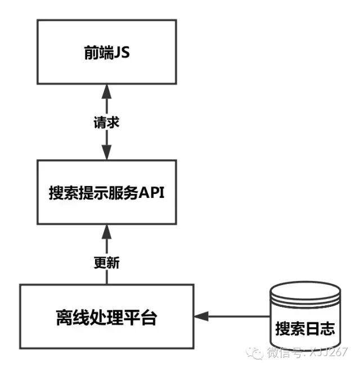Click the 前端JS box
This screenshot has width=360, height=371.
click(106, 52)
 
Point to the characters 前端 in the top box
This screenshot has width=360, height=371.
click(97, 52)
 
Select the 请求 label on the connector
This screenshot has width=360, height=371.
click(106, 123)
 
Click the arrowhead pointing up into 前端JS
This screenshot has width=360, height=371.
click(106, 91)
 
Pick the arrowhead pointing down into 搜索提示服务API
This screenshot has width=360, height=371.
click(106, 153)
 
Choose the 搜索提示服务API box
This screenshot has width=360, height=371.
click(106, 192)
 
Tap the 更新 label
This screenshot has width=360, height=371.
click(106, 262)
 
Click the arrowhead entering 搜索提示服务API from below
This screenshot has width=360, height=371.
click(106, 232)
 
